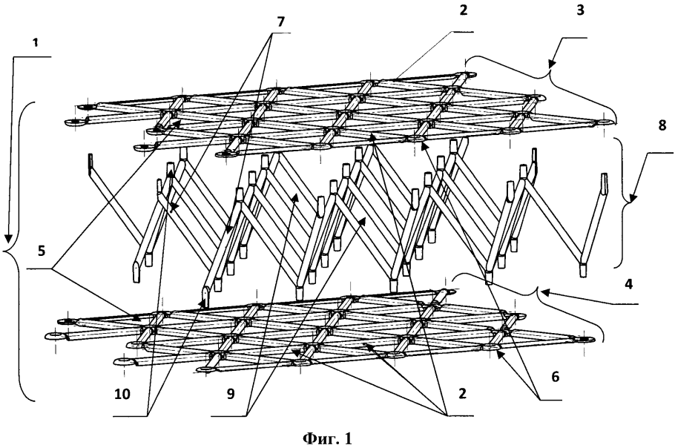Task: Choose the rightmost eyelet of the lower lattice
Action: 586,340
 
